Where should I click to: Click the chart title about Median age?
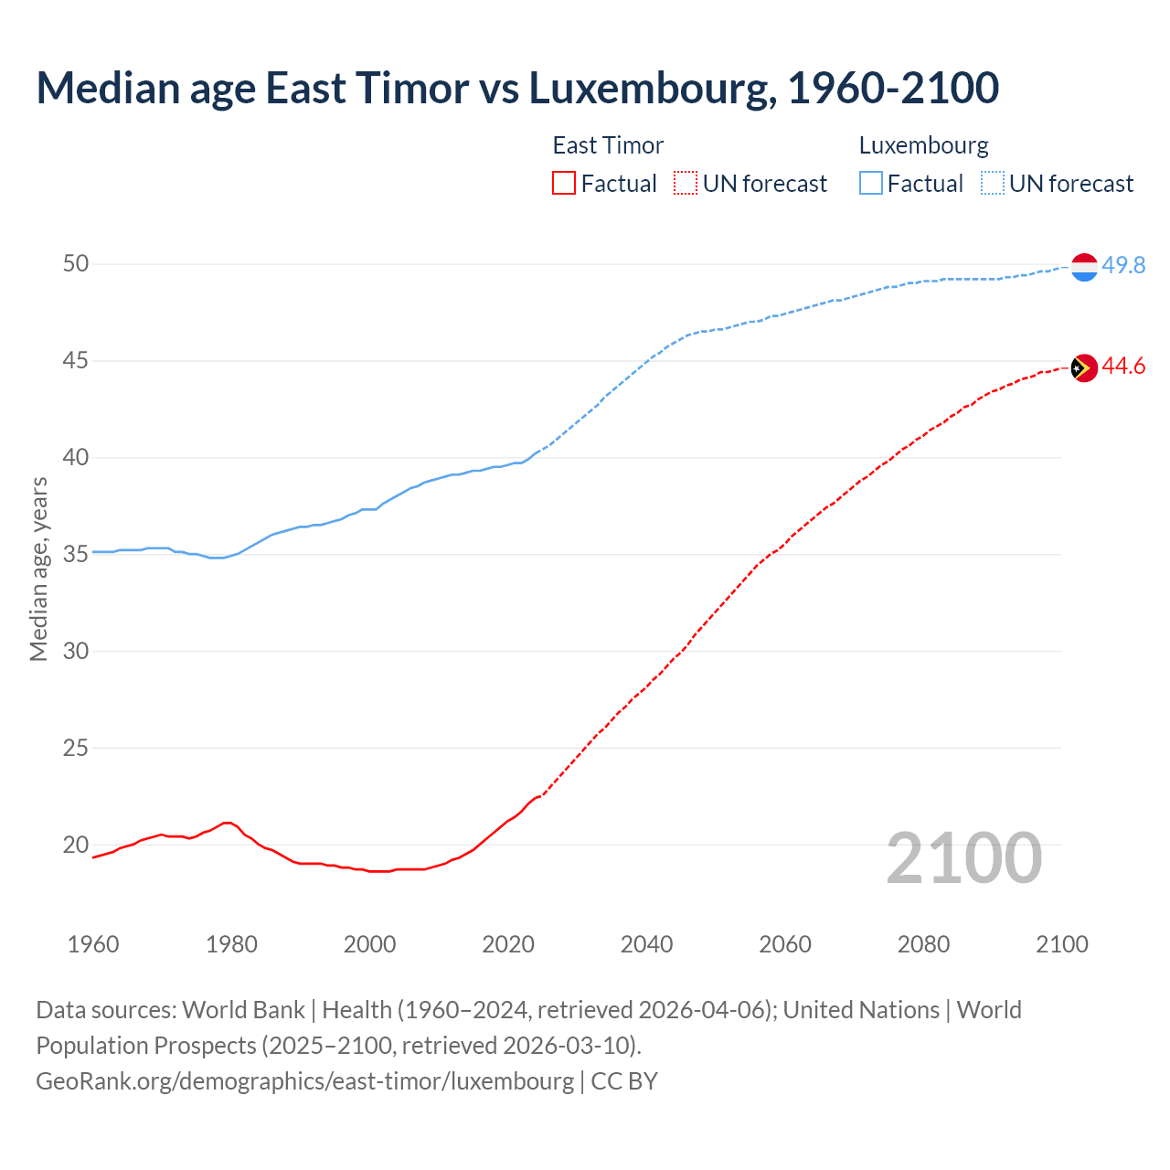pyautogui.click(x=517, y=88)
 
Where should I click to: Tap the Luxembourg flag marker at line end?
pyautogui.click(x=1083, y=267)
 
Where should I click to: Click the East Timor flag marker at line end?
pyautogui.click(x=1083, y=367)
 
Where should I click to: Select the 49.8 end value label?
pyautogui.click(x=1123, y=265)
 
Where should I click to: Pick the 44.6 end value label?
pyautogui.click(x=1123, y=367)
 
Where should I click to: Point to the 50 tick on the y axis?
pyautogui.click(x=76, y=264)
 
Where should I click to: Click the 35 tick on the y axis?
pyautogui.click(x=76, y=554)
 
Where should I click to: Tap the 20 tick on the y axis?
pyautogui.click(x=76, y=845)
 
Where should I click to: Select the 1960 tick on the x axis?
pyautogui.click(x=93, y=944)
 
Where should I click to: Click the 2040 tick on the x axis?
pyautogui.click(x=646, y=944)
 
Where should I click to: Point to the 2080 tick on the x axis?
pyautogui.click(x=923, y=944)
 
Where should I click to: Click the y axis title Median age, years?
pyautogui.click(x=38, y=569)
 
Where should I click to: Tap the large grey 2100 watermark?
pyautogui.click(x=963, y=857)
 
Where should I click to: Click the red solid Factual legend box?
pyautogui.click(x=564, y=184)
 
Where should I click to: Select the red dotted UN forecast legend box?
pyautogui.click(x=686, y=184)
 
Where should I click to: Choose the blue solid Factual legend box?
pyautogui.click(x=871, y=184)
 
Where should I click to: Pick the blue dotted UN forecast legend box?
pyautogui.click(x=992, y=184)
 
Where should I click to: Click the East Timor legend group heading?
pyautogui.click(x=608, y=145)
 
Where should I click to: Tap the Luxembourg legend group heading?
pyautogui.click(x=923, y=145)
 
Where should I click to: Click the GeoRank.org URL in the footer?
pyautogui.click(x=304, y=1080)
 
